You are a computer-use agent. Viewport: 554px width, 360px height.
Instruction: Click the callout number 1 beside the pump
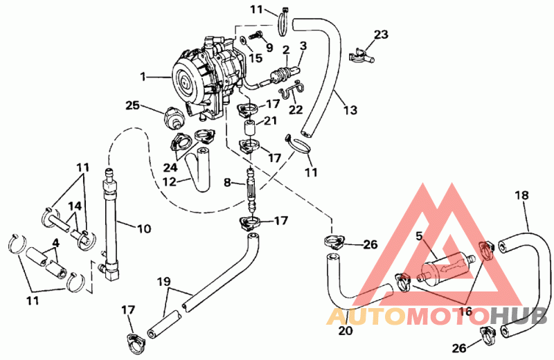(x=143, y=76)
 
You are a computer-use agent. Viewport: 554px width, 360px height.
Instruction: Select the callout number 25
(x=133, y=105)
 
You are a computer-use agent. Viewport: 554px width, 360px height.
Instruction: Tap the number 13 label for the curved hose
(x=350, y=110)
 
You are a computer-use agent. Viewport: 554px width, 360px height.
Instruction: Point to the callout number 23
(x=381, y=34)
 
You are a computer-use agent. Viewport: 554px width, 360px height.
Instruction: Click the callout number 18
(x=522, y=195)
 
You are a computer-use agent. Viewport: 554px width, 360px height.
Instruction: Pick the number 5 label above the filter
(x=419, y=236)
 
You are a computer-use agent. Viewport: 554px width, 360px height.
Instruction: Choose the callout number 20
(x=346, y=331)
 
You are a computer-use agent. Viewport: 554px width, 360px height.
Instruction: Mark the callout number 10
(x=144, y=228)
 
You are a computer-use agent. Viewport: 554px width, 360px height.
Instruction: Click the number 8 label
(x=227, y=182)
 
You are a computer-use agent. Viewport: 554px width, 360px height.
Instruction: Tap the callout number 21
(x=270, y=121)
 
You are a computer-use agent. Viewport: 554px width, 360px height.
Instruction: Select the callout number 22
(x=296, y=110)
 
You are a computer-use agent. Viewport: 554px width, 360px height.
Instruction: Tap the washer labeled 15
(x=244, y=39)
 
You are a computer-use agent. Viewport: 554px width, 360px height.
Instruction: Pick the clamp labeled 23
(x=361, y=56)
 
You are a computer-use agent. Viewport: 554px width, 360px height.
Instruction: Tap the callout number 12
(x=169, y=181)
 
